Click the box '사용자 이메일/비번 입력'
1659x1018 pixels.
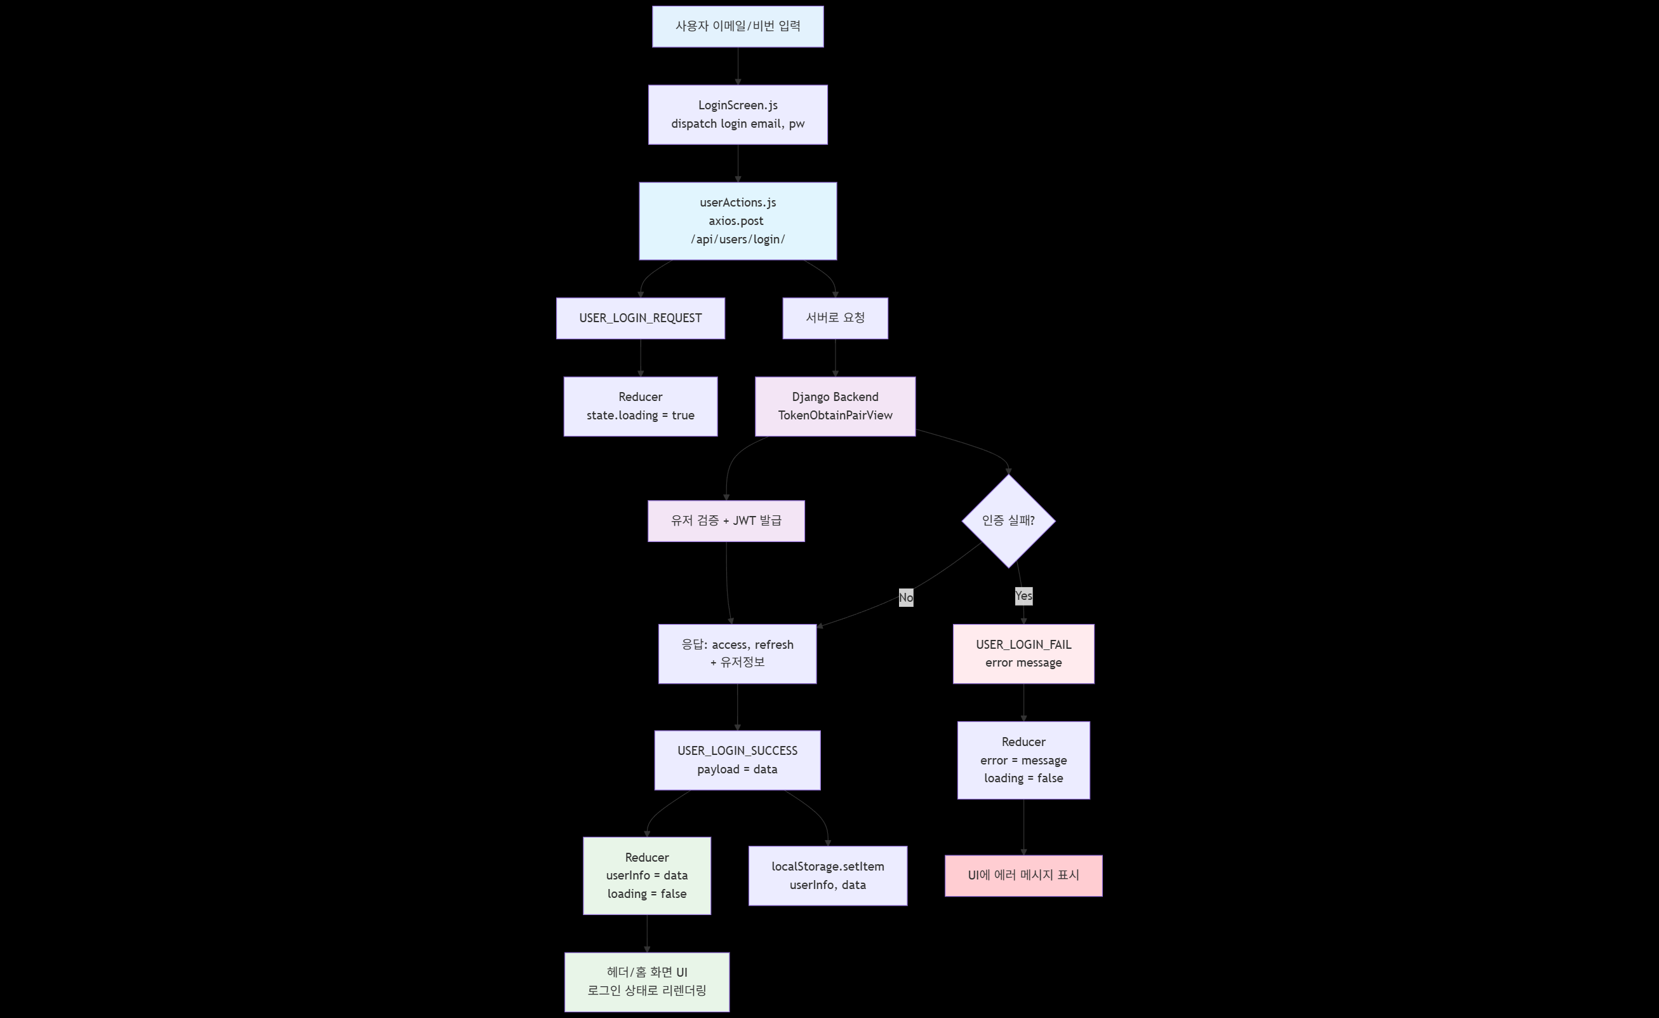pos(737,26)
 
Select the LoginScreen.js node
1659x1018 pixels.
pos(737,114)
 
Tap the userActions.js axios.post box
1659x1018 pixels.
pos(737,221)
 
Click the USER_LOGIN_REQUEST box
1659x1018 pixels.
pos(641,318)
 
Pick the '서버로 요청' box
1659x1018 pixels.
pos(835,318)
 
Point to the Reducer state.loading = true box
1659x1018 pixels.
pos(641,406)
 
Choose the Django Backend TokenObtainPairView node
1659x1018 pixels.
pos(835,406)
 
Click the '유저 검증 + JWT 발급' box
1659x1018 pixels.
pos(726,521)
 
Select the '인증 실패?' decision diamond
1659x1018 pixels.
pos(1008,521)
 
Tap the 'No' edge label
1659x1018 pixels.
pos(905,597)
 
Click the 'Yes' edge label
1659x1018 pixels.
pos(1023,595)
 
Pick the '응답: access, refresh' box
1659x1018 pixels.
pos(737,653)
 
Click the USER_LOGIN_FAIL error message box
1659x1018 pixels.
pos(1023,653)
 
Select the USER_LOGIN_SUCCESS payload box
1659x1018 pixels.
pos(737,760)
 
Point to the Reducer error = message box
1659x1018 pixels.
pos(1023,760)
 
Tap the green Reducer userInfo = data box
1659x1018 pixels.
pos(646,876)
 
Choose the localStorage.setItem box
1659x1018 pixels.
pos(827,876)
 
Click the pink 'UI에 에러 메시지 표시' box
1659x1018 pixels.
pos(1023,876)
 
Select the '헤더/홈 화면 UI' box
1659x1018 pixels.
pos(646,982)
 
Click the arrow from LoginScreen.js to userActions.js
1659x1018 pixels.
pos(738,163)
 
